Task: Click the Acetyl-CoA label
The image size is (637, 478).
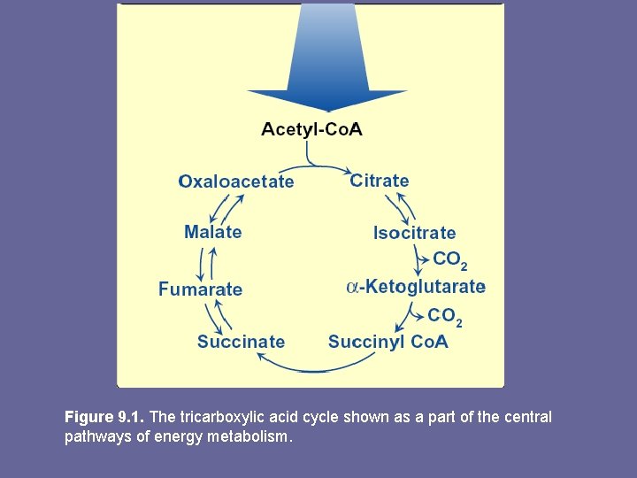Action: [311, 129]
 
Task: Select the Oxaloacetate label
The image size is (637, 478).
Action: [236, 181]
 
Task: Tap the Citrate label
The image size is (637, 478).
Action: [380, 181]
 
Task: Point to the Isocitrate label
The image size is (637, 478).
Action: [414, 233]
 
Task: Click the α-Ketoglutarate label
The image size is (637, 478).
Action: [416, 286]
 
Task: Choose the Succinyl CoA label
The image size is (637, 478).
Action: [388, 342]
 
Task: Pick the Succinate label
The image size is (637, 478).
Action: [241, 342]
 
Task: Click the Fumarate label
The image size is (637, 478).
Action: [200, 289]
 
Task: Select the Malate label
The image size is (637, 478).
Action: [212, 232]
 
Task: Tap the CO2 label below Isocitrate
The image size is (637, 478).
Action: [449, 260]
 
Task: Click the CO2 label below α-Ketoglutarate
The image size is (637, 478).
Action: [444, 316]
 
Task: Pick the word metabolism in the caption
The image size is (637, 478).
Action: [249, 436]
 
